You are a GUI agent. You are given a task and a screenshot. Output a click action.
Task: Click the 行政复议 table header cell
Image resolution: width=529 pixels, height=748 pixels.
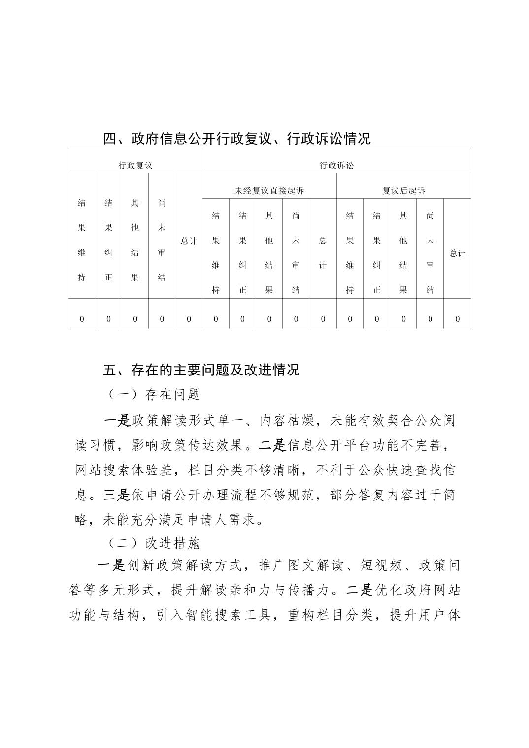[x=135, y=165]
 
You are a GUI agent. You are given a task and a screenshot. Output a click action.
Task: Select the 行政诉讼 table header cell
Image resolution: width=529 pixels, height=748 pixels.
[x=336, y=165]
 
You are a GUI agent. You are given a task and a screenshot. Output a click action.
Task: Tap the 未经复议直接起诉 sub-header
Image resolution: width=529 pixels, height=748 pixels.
[x=269, y=190]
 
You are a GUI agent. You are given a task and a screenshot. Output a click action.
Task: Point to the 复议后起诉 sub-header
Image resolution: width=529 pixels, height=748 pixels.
[x=403, y=190]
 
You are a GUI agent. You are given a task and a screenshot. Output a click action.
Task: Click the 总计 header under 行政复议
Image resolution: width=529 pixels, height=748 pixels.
[x=189, y=241]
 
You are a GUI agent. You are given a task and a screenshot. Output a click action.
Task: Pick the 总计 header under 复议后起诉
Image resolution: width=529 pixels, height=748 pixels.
[x=457, y=253]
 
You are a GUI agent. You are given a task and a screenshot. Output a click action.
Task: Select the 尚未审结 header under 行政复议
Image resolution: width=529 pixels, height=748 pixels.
[x=162, y=240]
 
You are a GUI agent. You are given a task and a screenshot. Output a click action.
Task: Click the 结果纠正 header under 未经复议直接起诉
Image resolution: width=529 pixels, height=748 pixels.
[x=242, y=252]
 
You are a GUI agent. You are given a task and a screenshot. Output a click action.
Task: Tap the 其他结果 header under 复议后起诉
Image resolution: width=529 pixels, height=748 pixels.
[x=403, y=252]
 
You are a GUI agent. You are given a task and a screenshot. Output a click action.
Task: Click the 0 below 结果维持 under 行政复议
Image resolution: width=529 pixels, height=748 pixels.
[x=82, y=319]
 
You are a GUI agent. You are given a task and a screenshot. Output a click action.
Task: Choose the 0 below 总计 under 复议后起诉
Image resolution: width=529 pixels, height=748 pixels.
[x=457, y=319]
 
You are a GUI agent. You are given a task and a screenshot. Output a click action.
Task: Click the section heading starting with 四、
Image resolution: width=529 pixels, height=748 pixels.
[x=236, y=139]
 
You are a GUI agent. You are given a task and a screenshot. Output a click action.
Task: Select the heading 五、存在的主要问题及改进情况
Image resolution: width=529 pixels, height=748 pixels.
[x=201, y=370]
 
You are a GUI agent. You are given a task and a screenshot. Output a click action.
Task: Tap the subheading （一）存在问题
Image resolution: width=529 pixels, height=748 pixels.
[x=153, y=394]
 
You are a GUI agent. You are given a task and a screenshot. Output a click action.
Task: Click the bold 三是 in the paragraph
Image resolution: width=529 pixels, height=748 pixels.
[x=117, y=495]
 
